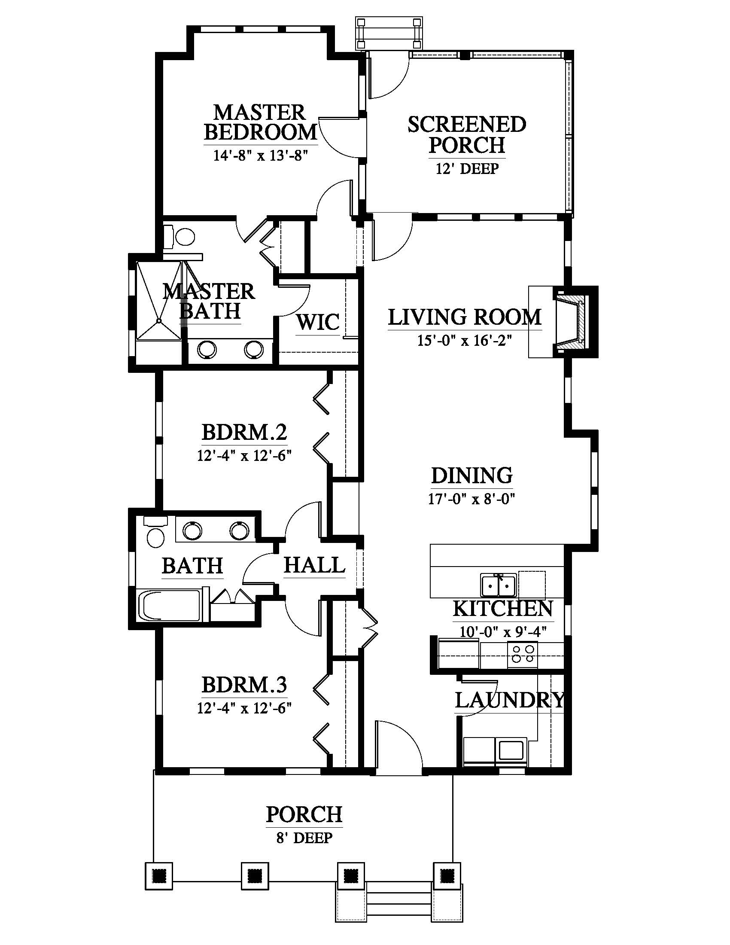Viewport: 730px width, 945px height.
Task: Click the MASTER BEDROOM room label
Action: point(260,122)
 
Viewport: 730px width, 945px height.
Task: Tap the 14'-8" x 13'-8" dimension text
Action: point(260,155)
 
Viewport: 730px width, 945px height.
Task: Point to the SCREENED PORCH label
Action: point(467,134)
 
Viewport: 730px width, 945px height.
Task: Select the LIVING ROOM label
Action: point(465,317)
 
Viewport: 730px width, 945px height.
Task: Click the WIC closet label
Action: point(318,322)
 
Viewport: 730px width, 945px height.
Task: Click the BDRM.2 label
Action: point(244,432)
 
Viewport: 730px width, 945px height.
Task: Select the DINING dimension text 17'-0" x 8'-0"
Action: point(471,499)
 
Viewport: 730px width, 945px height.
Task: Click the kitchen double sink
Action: point(498,585)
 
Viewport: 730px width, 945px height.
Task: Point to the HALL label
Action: point(314,565)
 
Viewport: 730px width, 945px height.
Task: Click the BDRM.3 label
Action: point(244,685)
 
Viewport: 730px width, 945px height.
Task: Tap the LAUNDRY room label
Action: point(509,700)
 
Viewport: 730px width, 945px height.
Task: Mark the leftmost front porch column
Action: point(159,876)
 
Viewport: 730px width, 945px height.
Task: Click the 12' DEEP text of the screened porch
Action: point(467,168)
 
